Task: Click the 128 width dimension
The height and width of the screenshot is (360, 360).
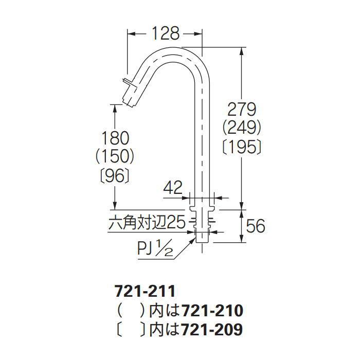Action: click(165, 33)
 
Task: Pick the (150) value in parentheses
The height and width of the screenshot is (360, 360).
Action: click(116, 155)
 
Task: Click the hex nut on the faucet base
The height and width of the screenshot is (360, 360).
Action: click(202, 222)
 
